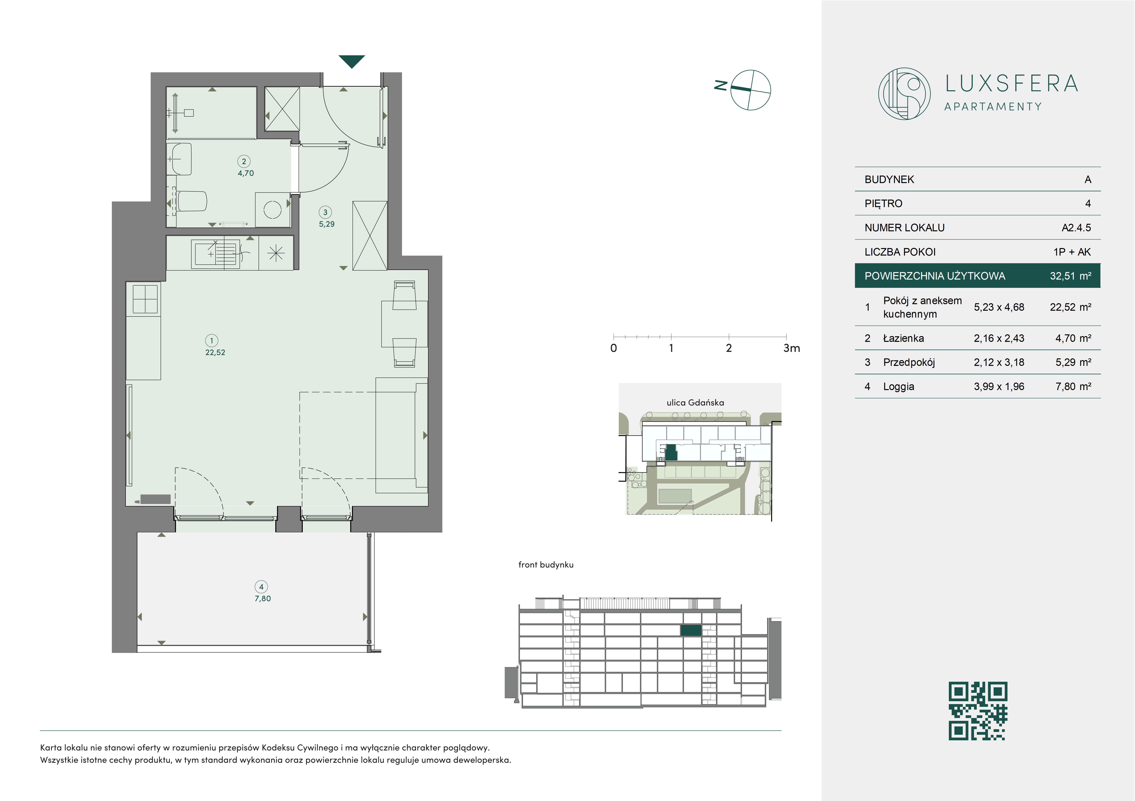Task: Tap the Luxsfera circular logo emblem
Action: [x=904, y=93]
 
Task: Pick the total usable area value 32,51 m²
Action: [x=1070, y=276]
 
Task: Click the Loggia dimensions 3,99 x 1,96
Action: [x=999, y=387]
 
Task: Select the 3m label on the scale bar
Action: [x=792, y=348]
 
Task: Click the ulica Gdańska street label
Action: [x=695, y=402]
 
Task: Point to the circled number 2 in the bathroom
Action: [x=244, y=161]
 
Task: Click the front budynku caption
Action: [x=546, y=565]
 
